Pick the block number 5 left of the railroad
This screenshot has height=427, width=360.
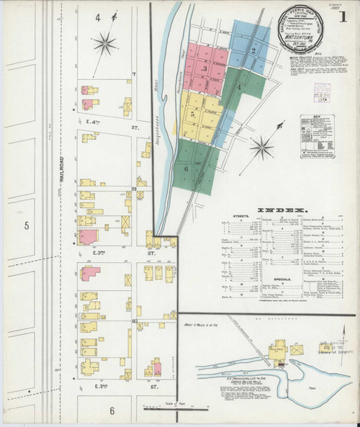[25, 226]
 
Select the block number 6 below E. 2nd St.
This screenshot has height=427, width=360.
[112, 410]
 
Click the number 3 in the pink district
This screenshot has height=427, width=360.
[205, 69]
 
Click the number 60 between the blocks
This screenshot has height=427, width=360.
[135, 320]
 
